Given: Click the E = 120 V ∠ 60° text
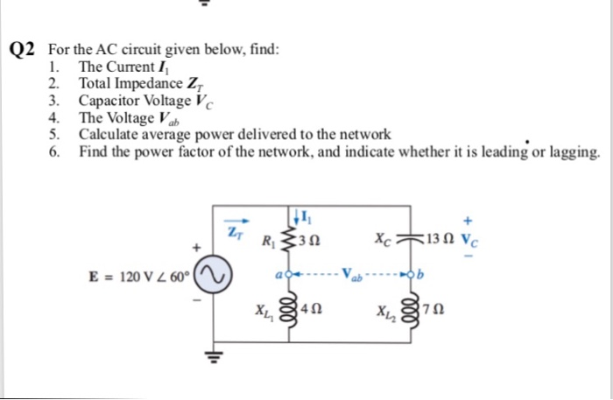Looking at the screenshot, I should click(141, 277).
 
